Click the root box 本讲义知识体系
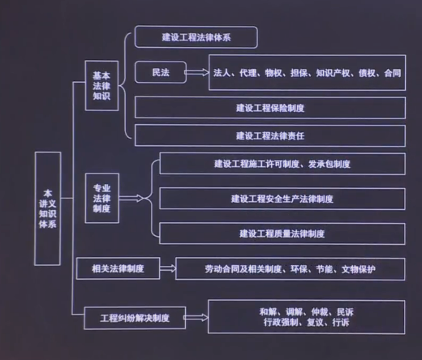[x=48, y=208]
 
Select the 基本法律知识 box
[x=101, y=86]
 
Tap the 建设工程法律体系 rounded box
[x=196, y=37]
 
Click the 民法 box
[x=161, y=72]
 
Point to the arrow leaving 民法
[x=197, y=72]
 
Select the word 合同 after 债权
[x=393, y=73]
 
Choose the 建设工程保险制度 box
[x=270, y=108]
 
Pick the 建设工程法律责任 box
[x=270, y=135]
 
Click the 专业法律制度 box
[x=102, y=198]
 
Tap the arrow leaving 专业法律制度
[x=131, y=198]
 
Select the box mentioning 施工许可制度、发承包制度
[x=282, y=164]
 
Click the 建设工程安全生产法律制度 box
[x=282, y=199]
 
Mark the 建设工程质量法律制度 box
[x=282, y=234]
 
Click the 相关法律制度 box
[x=118, y=268]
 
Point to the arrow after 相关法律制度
[x=168, y=268]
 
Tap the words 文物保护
[x=359, y=269]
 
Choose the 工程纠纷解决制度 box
[x=135, y=318]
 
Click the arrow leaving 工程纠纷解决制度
[x=196, y=318]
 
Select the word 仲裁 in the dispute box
[x=320, y=312]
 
